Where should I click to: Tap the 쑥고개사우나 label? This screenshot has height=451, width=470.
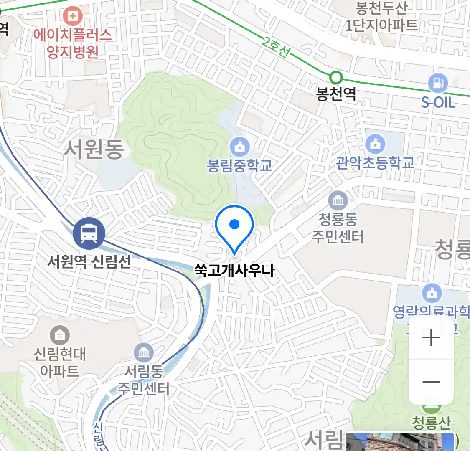(234, 270)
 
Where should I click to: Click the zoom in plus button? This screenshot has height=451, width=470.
(431, 337)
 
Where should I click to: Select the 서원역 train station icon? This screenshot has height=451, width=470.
(89, 233)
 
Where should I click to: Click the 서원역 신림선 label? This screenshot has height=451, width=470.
(89, 261)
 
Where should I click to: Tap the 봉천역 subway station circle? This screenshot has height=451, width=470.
(336, 78)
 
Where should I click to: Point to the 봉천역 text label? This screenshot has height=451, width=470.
(336, 94)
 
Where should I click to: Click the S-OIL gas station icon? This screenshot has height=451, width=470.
(438, 83)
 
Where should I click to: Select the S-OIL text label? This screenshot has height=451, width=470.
(438, 102)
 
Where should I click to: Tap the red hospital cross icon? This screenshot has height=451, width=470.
(73, 16)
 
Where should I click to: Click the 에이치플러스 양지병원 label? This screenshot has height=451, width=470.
(73, 43)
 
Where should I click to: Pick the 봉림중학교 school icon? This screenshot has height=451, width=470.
(239, 147)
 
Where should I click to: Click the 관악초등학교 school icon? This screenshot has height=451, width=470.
(375, 144)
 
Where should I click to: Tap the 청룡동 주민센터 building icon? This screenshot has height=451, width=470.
(338, 201)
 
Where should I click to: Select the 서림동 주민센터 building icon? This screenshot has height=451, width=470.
(144, 353)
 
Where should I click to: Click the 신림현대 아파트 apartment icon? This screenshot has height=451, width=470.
(60, 335)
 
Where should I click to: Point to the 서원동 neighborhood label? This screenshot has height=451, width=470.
(94, 149)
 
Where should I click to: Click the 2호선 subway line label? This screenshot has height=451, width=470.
(276, 47)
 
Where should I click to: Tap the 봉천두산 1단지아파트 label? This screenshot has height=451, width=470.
(381, 17)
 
